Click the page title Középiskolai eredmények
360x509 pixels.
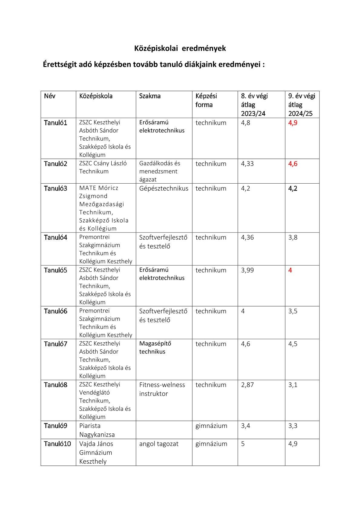[x=180, y=48]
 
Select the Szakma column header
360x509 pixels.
[x=150, y=96]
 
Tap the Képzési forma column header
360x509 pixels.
[x=206, y=100]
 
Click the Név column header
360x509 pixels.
[x=50, y=96]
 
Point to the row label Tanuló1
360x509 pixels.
[x=55, y=123]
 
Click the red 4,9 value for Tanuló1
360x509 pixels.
[x=293, y=123]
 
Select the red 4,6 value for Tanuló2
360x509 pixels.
[x=293, y=164]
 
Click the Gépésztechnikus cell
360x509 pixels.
[x=164, y=188]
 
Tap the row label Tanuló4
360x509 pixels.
[x=55, y=237]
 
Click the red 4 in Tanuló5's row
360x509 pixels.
[x=290, y=270]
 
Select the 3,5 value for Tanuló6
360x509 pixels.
[x=293, y=311]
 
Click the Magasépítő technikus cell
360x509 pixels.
[x=155, y=347]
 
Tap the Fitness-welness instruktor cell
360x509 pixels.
[x=162, y=389]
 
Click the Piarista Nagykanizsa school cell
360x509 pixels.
[x=97, y=430]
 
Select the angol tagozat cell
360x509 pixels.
[x=159, y=444]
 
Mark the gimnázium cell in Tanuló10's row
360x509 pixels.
[x=211, y=444]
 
